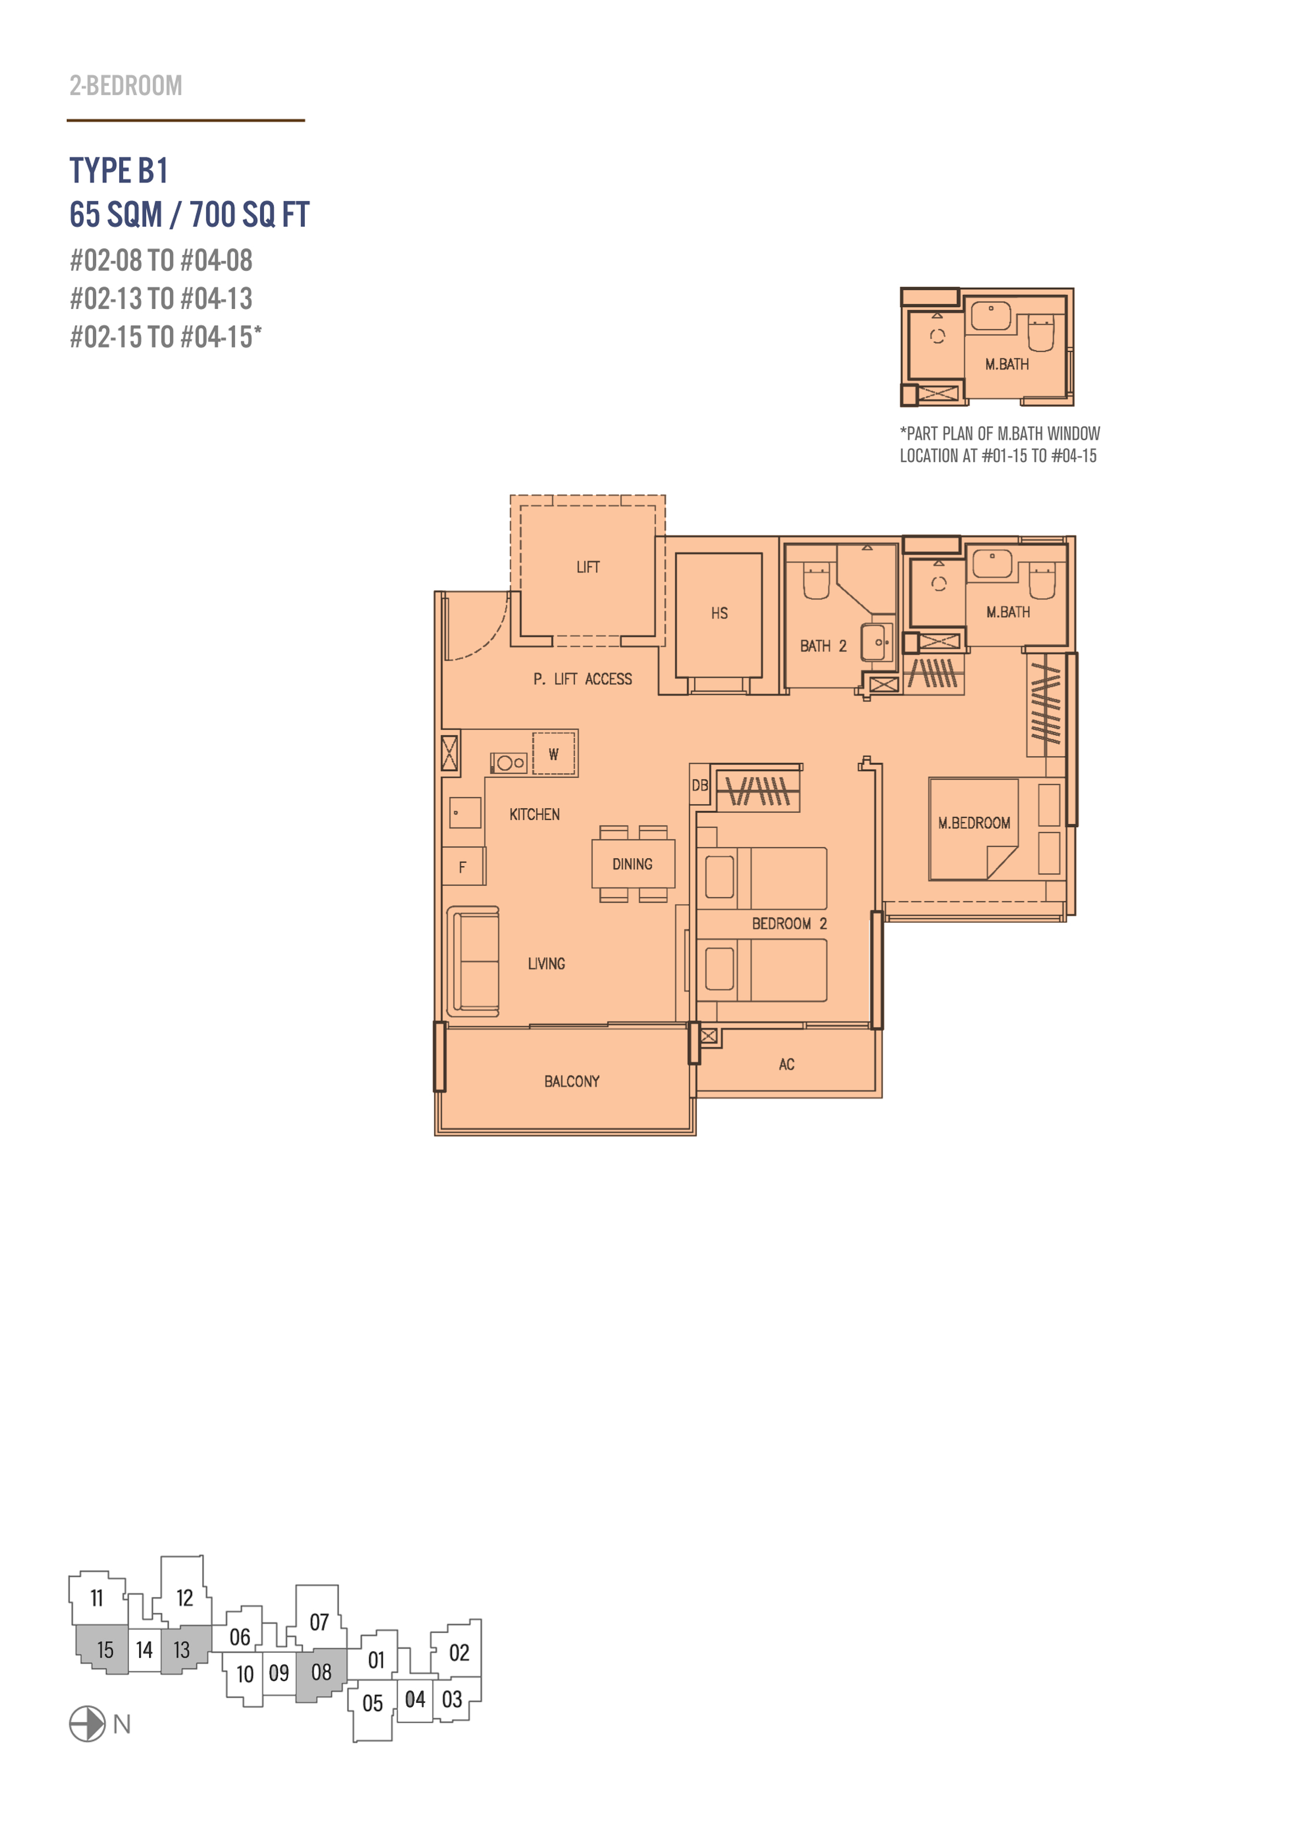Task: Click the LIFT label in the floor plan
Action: tap(588, 567)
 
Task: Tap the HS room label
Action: tap(719, 613)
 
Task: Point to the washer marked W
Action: tap(554, 753)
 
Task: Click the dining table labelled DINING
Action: tap(633, 864)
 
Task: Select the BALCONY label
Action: tap(572, 1081)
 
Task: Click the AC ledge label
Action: tap(787, 1065)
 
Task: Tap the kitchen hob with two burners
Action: tap(508, 763)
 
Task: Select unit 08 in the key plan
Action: tap(321, 1672)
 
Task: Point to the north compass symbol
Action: tap(87, 1724)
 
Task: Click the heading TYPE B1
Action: tap(119, 170)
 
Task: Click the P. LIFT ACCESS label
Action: tap(583, 679)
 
